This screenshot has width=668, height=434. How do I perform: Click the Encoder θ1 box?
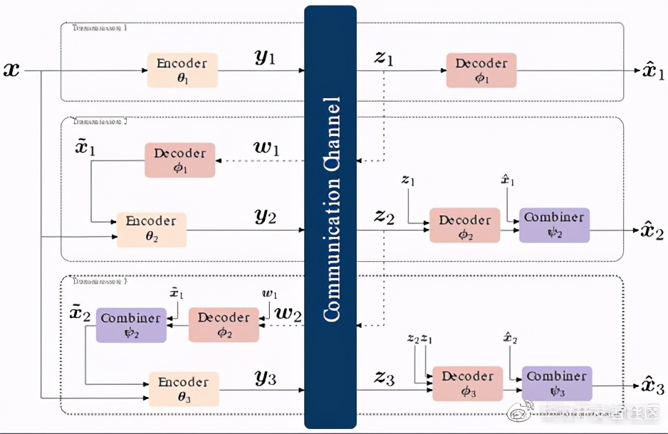point(182,70)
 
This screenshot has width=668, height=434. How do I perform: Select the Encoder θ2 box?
point(151,229)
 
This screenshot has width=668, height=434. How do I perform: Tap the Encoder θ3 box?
point(183,388)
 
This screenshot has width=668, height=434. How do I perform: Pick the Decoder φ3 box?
point(467,383)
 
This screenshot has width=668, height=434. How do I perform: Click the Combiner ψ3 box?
point(556,383)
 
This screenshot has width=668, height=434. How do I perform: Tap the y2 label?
point(265,217)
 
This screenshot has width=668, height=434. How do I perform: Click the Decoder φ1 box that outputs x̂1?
point(481,70)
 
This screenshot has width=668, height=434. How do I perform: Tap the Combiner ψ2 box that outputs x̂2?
point(553,225)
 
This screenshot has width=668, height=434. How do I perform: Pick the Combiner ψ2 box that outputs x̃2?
point(131,325)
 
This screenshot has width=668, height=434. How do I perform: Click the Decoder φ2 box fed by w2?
point(223,325)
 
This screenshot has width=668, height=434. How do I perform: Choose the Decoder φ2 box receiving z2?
point(464,225)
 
